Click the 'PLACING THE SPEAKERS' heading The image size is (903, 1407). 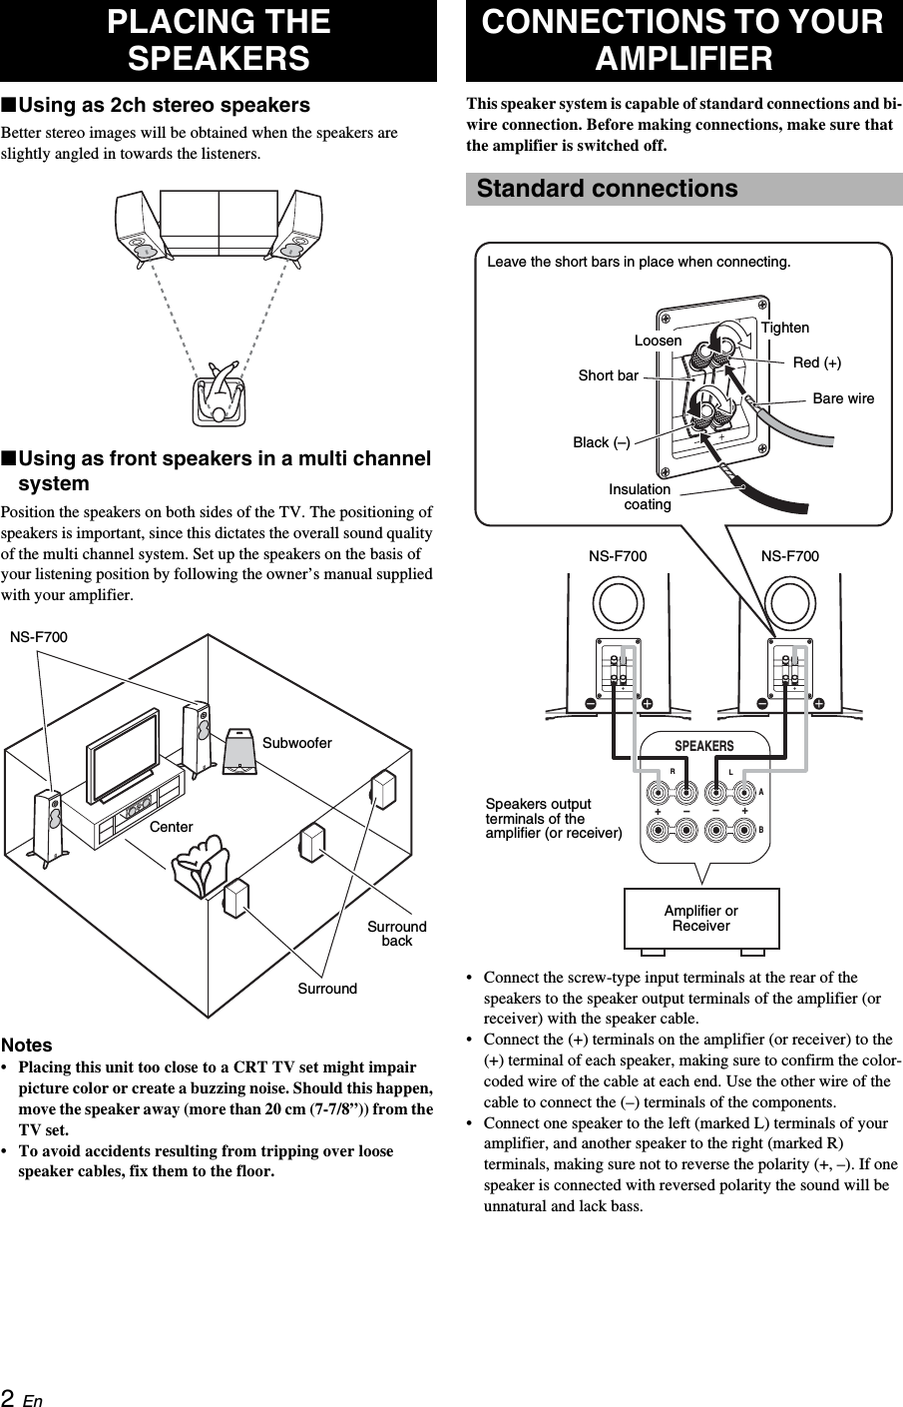pos(219,40)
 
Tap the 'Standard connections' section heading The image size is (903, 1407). pos(607,189)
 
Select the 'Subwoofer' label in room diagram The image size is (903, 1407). pos(297,743)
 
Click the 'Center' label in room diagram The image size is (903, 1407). pos(172,827)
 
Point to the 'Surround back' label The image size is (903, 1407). pos(397,934)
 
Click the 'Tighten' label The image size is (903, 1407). pos(785,328)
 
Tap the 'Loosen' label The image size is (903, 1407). pos(659,341)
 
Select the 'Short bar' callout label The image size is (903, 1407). pos(608,375)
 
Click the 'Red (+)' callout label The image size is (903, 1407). pos(816,362)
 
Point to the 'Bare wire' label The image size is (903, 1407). pos(843,398)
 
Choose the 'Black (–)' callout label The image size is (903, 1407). pos(602,442)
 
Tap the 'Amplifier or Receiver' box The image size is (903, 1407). pos(701,918)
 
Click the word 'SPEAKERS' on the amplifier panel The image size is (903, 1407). pos(703,746)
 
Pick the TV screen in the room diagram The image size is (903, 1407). pos(123,754)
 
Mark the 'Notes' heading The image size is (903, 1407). pos(27,1045)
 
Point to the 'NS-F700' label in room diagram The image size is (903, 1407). pos(39,637)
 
